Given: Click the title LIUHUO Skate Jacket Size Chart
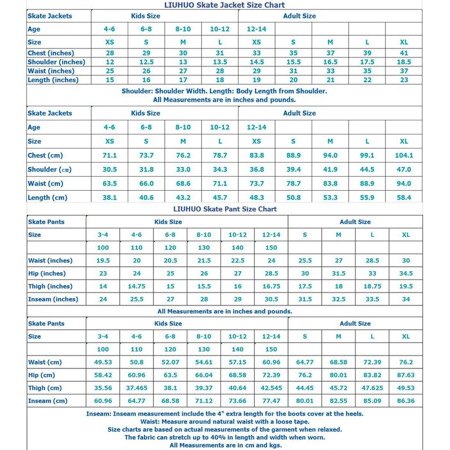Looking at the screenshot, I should pyautogui.click(x=224, y=5).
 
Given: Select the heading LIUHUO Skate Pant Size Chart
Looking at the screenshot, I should pyautogui.click(x=224, y=209).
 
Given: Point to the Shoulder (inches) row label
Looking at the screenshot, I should pyautogui.click(x=56, y=62).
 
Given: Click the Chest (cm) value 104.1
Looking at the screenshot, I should pyautogui.click(x=403, y=155).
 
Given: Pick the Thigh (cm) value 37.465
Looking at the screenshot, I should pyautogui.click(x=136, y=388).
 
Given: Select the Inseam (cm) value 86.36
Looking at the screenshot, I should pyautogui.click(x=406, y=401).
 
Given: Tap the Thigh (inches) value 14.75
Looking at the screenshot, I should pyautogui.click(x=136, y=286).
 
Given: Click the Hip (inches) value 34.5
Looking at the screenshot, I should pyautogui.click(x=406, y=273).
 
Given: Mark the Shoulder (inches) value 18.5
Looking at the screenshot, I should pyautogui.click(x=403, y=62).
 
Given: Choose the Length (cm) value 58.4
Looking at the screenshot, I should pyautogui.click(x=403, y=197).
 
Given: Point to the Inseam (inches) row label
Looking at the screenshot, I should pyautogui.click(x=53, y=299).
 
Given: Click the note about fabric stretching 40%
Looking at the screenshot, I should pyautogui.click(x=224, y=437).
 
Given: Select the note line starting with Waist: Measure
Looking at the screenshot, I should pyautogui.click(x=224, y=421).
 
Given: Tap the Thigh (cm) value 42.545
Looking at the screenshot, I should pyautogui.click(x=271, y=388).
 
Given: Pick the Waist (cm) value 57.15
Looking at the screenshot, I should pyautogui.click(x=237, y=362).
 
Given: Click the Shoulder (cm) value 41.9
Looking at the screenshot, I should pyautogui.click(x=330, y=169).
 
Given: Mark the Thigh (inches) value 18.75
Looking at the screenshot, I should pyautogui.click(x=372, y=286).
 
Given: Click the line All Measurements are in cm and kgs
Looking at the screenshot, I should pyautogui.click(x=224, y=445).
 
